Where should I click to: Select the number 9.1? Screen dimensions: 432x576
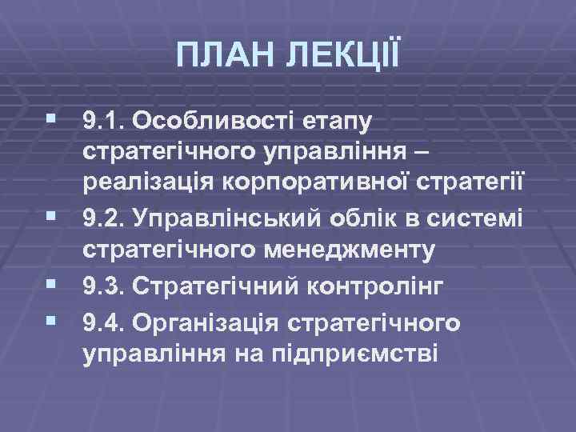(103, 121)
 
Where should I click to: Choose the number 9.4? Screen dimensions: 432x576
(103, 322)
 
